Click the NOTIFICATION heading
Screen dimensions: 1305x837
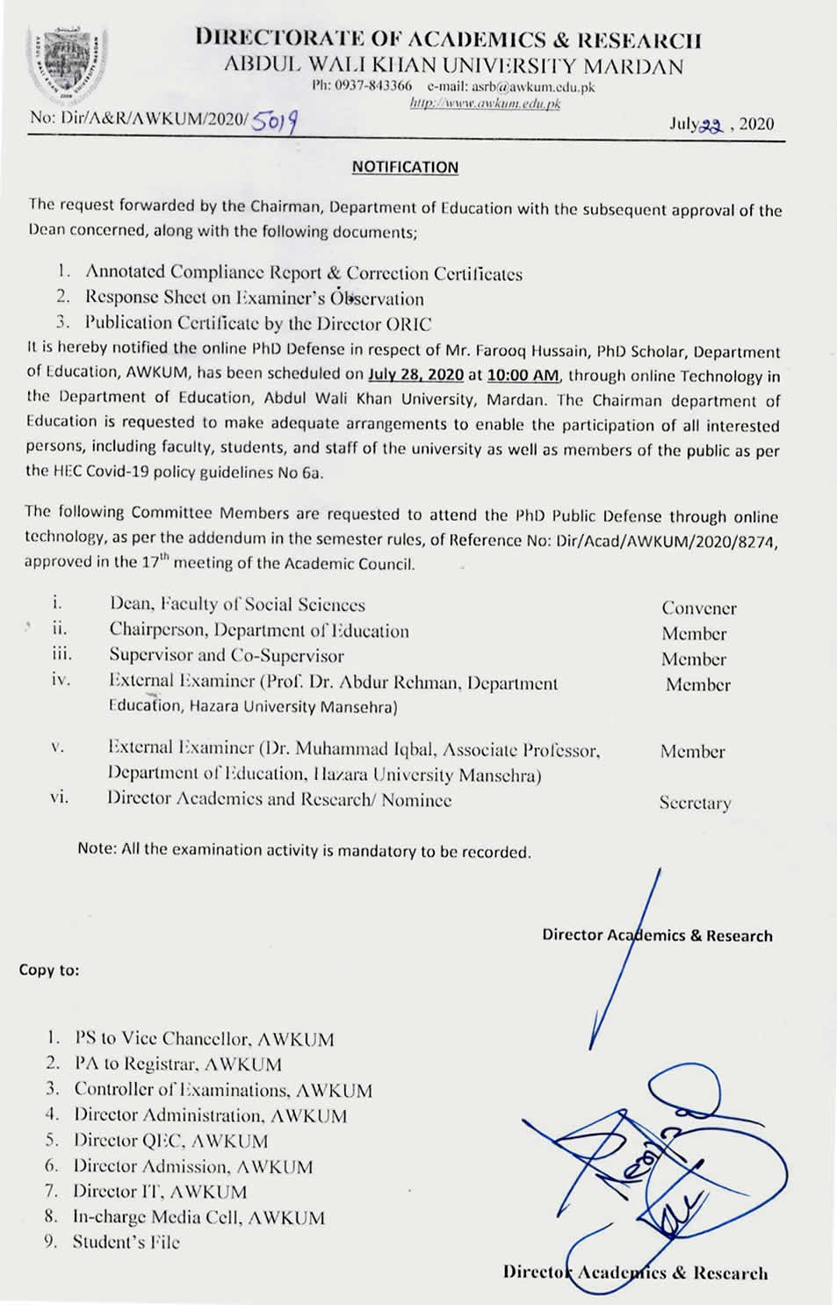click(x=405, y=167)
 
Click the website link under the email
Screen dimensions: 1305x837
click(x=485, y=104)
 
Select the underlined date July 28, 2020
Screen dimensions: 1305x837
click(x=415, y=375)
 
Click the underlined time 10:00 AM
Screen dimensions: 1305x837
click(x=523, y=375)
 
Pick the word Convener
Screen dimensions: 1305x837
click(x=698, y=608)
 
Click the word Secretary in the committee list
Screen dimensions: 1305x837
click(x=695, y=803)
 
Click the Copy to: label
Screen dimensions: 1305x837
click(x=49, y=970)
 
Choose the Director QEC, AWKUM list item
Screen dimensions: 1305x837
click(x=170, y=1141)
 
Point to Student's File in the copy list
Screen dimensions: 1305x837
click(x=126, y=1242)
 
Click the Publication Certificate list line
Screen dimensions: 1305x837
click(x=258, y=323)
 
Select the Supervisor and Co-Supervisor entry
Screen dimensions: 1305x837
click(x=227, y=655)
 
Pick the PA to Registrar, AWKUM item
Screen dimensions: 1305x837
click(x=178, y=1064)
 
